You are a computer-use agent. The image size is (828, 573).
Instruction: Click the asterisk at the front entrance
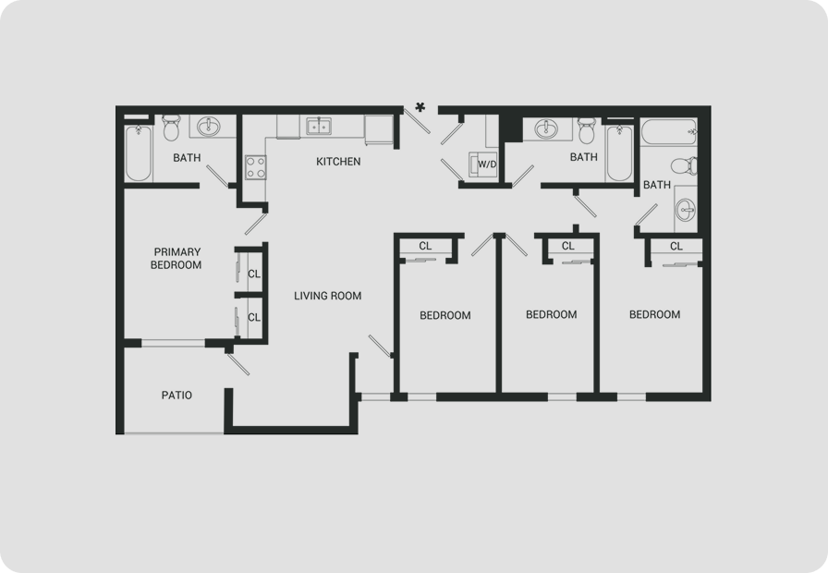(x=420, y=107)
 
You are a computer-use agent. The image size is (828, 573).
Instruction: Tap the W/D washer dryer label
(x=487, y=165)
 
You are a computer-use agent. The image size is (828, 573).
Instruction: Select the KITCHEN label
(x=338, y=162)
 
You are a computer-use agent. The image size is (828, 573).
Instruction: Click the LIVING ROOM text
(x=328, y=296)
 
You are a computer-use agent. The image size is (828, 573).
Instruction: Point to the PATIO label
(x=177, y=395)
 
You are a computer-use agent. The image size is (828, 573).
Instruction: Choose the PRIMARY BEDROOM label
(x=177, y=258)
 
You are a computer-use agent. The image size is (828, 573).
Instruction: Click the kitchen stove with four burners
(x=256, y=167)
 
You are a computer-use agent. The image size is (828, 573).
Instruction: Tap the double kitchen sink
(x=319, y=127)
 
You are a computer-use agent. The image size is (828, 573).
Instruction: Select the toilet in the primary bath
(x=171, y=128)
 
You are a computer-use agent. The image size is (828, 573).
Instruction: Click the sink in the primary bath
(x=210, y=127)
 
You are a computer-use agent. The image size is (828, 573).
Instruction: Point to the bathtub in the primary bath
(x=139, y=153)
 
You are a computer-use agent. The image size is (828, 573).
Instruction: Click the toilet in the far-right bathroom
(x=685, y=165)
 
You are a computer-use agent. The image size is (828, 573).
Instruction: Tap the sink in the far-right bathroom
(x=686, y=210)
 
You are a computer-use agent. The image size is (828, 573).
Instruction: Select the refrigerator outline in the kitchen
(x=379, y=130)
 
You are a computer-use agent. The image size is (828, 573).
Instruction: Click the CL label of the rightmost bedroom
(x=676, y=246)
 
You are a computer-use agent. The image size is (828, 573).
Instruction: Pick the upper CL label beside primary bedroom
(x=254, y=274)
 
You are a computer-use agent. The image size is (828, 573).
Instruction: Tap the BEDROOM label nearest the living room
(x=445, y=315)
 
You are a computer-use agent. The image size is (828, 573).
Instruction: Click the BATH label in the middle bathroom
(x=584, y=157)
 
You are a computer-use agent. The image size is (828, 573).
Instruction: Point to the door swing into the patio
(x=237, y=364)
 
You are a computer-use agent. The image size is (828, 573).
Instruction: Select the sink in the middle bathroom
(x=545, y=128)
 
